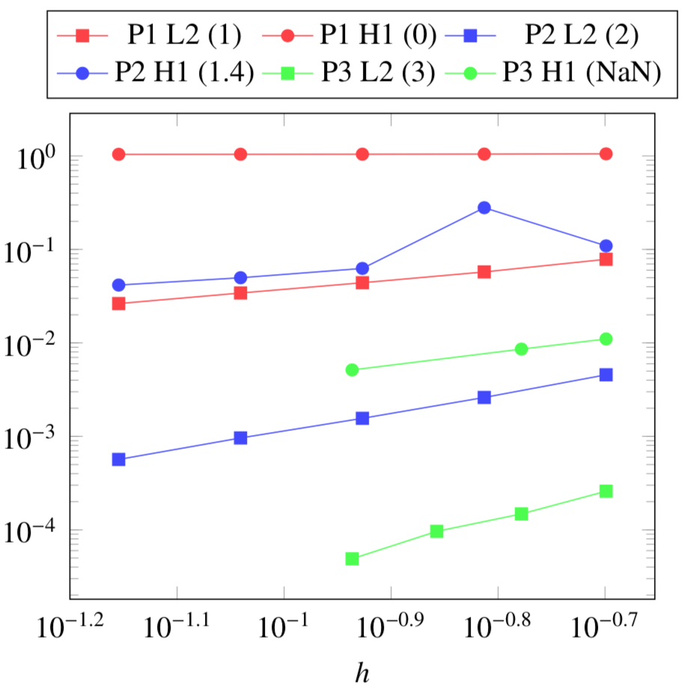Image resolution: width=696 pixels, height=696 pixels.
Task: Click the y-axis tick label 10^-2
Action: (31, 344)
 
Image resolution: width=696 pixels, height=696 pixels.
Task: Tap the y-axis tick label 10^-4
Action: (31, 531)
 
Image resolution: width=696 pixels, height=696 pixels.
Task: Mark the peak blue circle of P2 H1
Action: (484, 207)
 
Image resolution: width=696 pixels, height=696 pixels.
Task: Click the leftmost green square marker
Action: (352, 558)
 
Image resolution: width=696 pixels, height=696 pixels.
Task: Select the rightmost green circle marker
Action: (606, 338)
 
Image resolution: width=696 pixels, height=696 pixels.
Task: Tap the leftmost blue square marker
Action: (118, 460)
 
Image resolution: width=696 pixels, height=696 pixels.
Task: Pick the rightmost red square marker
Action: (606, 259)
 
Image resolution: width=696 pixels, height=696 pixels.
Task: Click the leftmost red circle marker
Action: (118, 154)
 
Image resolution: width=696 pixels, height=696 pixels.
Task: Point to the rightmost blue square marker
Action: (606, 374)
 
